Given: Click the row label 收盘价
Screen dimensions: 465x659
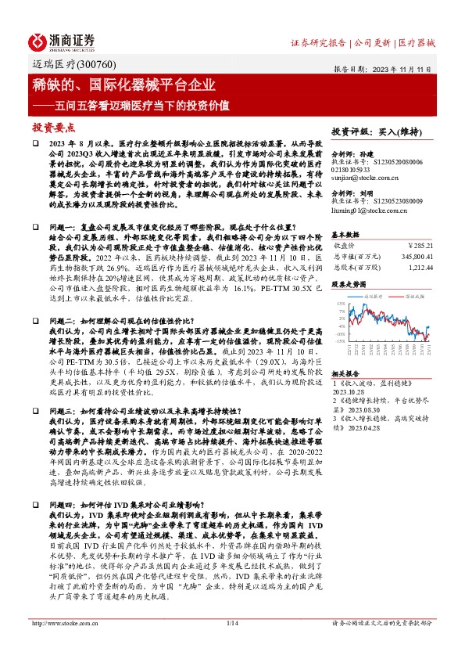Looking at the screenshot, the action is [x=347, y=244].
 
